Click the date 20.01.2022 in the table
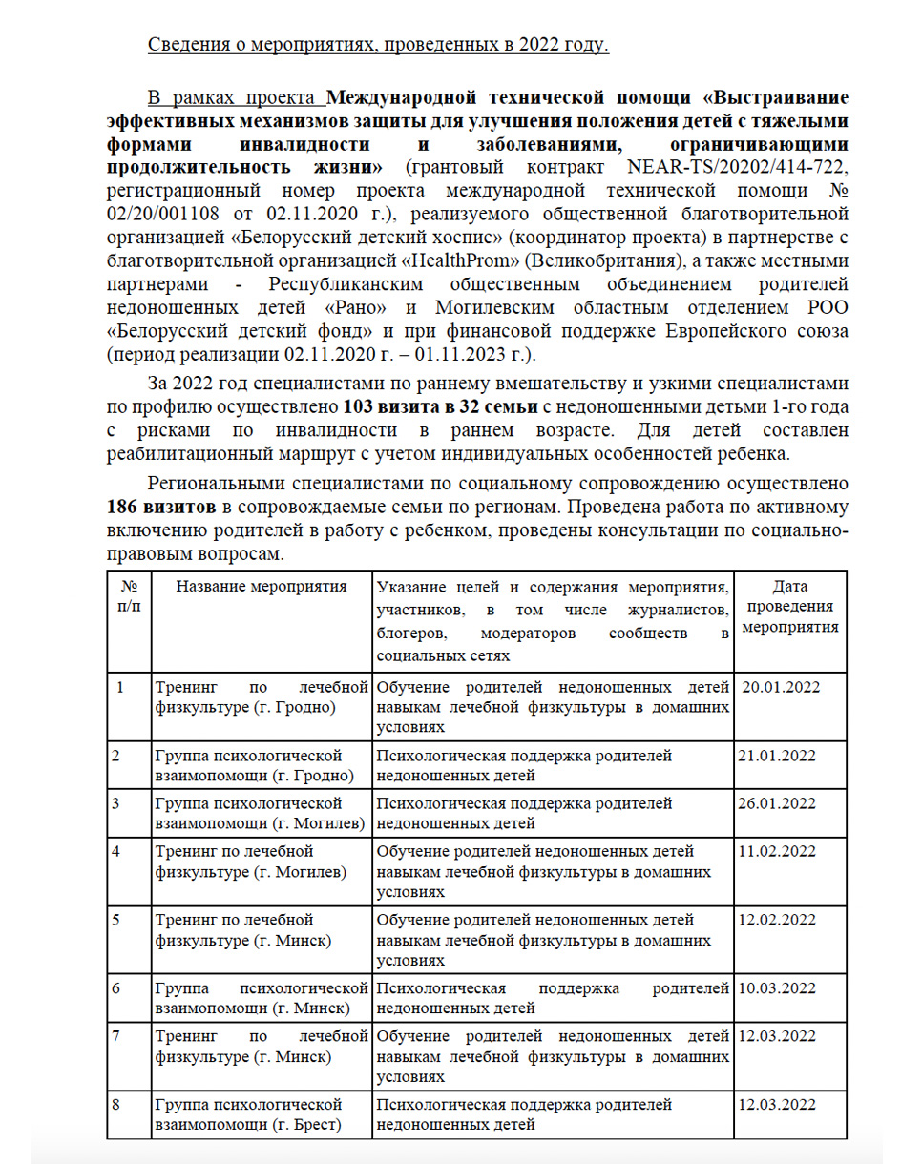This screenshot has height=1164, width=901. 781,686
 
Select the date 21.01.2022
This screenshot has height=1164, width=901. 777,755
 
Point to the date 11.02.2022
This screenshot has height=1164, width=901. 777,850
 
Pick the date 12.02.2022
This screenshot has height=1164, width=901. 777,920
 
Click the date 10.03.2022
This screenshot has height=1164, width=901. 777,987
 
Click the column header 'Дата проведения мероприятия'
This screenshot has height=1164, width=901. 790,607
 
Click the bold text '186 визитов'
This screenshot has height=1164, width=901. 155,505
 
